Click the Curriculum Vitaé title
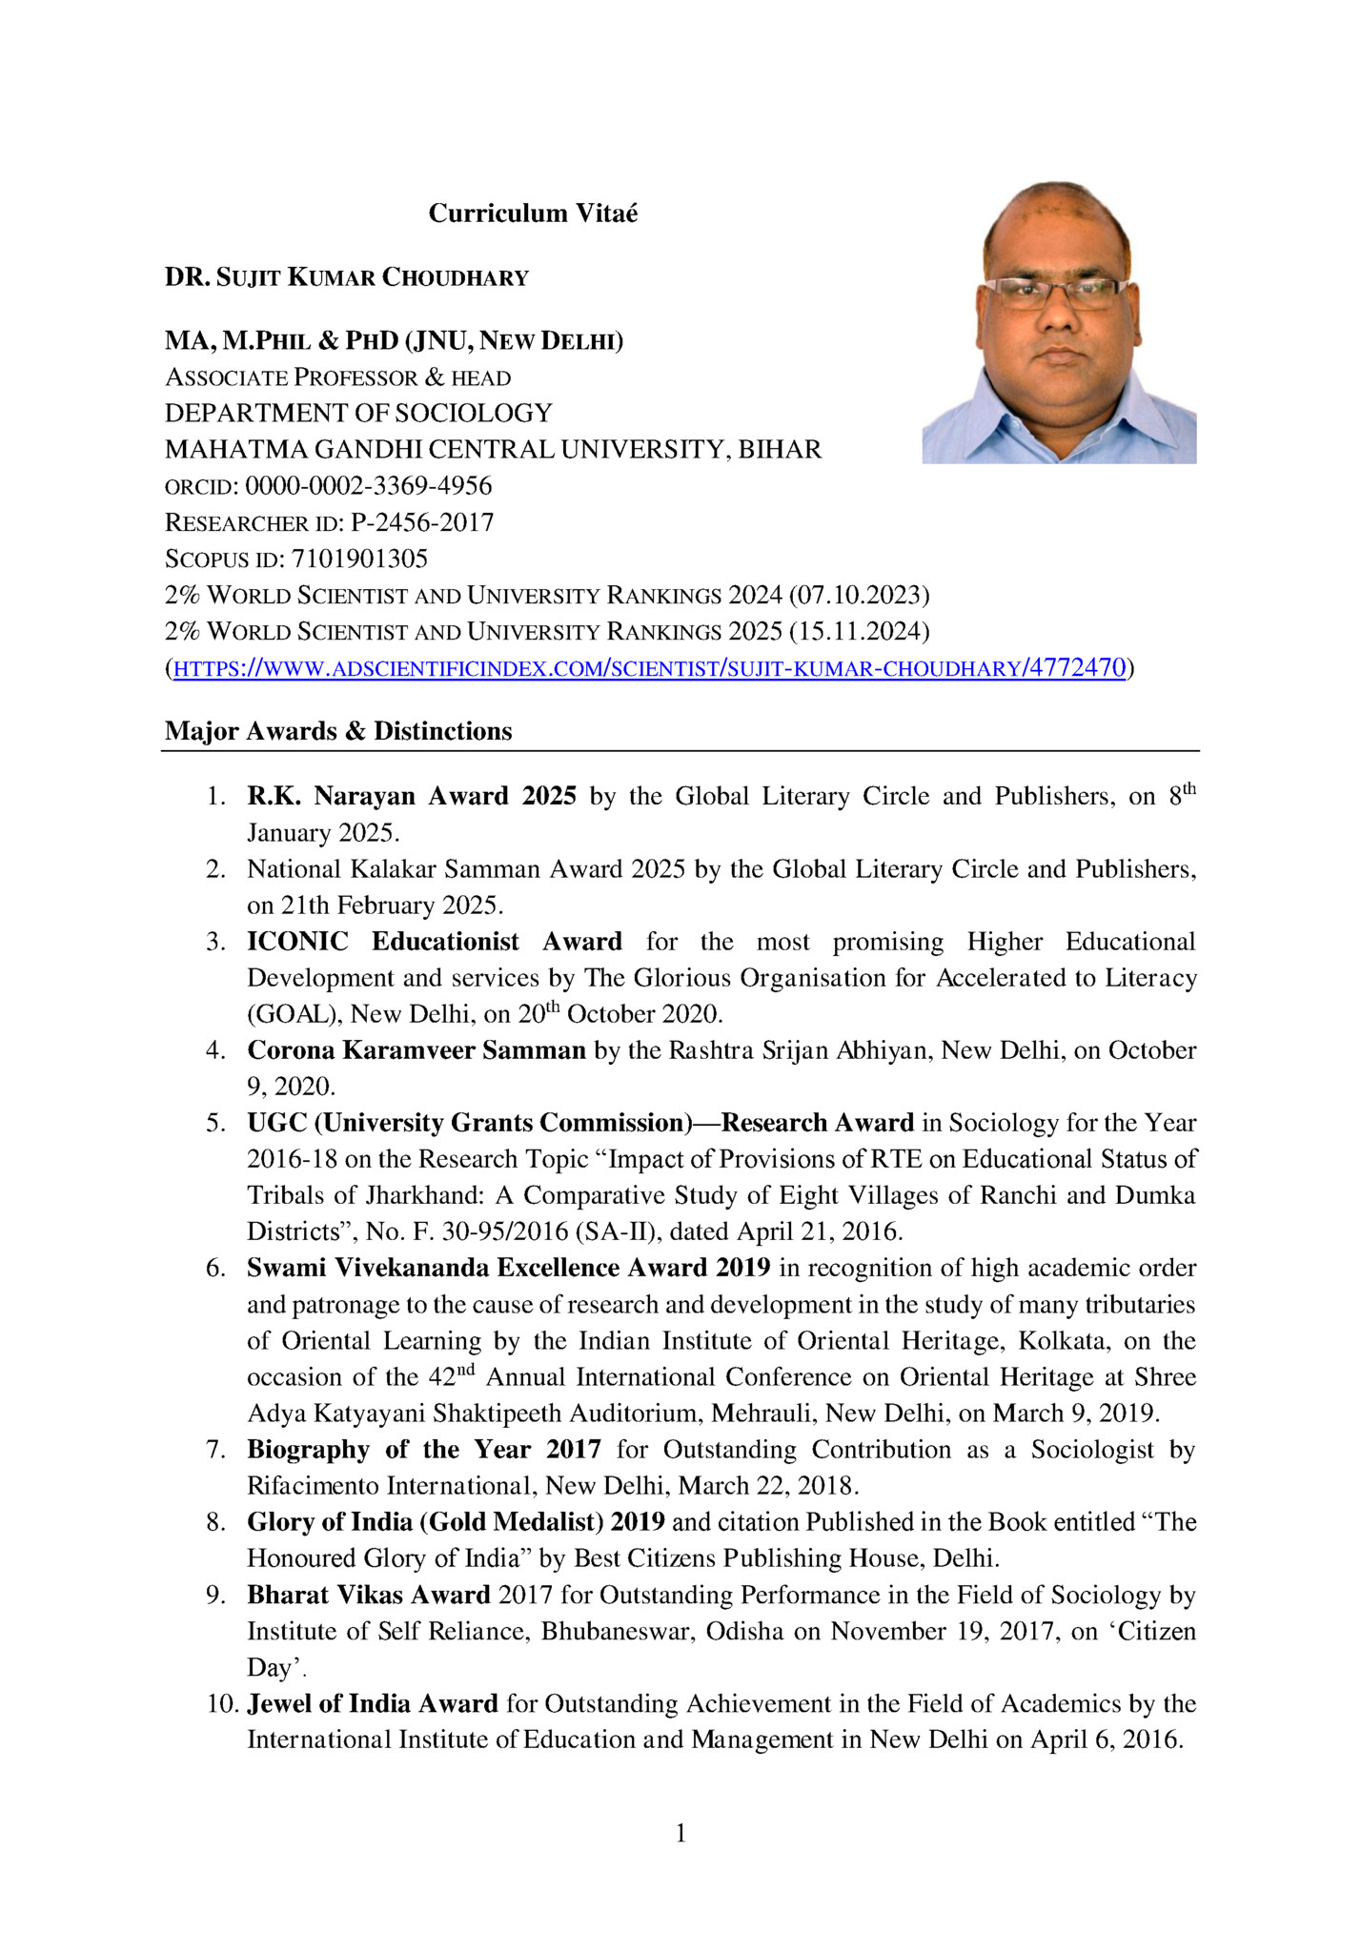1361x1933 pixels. (533, 213)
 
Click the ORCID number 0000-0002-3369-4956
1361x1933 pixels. (369, 486)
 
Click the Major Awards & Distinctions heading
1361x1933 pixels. (338, 731)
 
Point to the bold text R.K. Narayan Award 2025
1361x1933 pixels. (412, 796)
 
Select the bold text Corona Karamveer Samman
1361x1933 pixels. (416, 1050)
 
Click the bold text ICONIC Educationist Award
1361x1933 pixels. (435, 942)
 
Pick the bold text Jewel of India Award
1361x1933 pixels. (373, 1703)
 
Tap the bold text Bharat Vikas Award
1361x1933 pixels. (369, 1595)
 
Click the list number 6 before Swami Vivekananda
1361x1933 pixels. (216, 1268)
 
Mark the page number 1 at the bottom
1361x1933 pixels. (680, 1833)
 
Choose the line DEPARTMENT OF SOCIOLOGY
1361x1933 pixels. (358, 413)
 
